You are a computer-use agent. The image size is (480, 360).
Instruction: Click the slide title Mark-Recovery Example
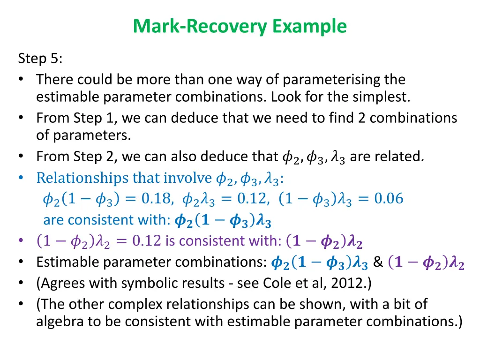tap(240, 26)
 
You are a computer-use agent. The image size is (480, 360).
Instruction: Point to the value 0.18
tap(155, 199)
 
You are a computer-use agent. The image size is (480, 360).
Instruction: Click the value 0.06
tap(389, 199)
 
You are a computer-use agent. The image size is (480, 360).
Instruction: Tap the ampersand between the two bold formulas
tap(378, 262)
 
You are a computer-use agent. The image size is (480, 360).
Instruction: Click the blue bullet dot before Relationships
tap(22, 178)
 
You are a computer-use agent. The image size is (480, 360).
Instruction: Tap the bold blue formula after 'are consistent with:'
tap(222, 220)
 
